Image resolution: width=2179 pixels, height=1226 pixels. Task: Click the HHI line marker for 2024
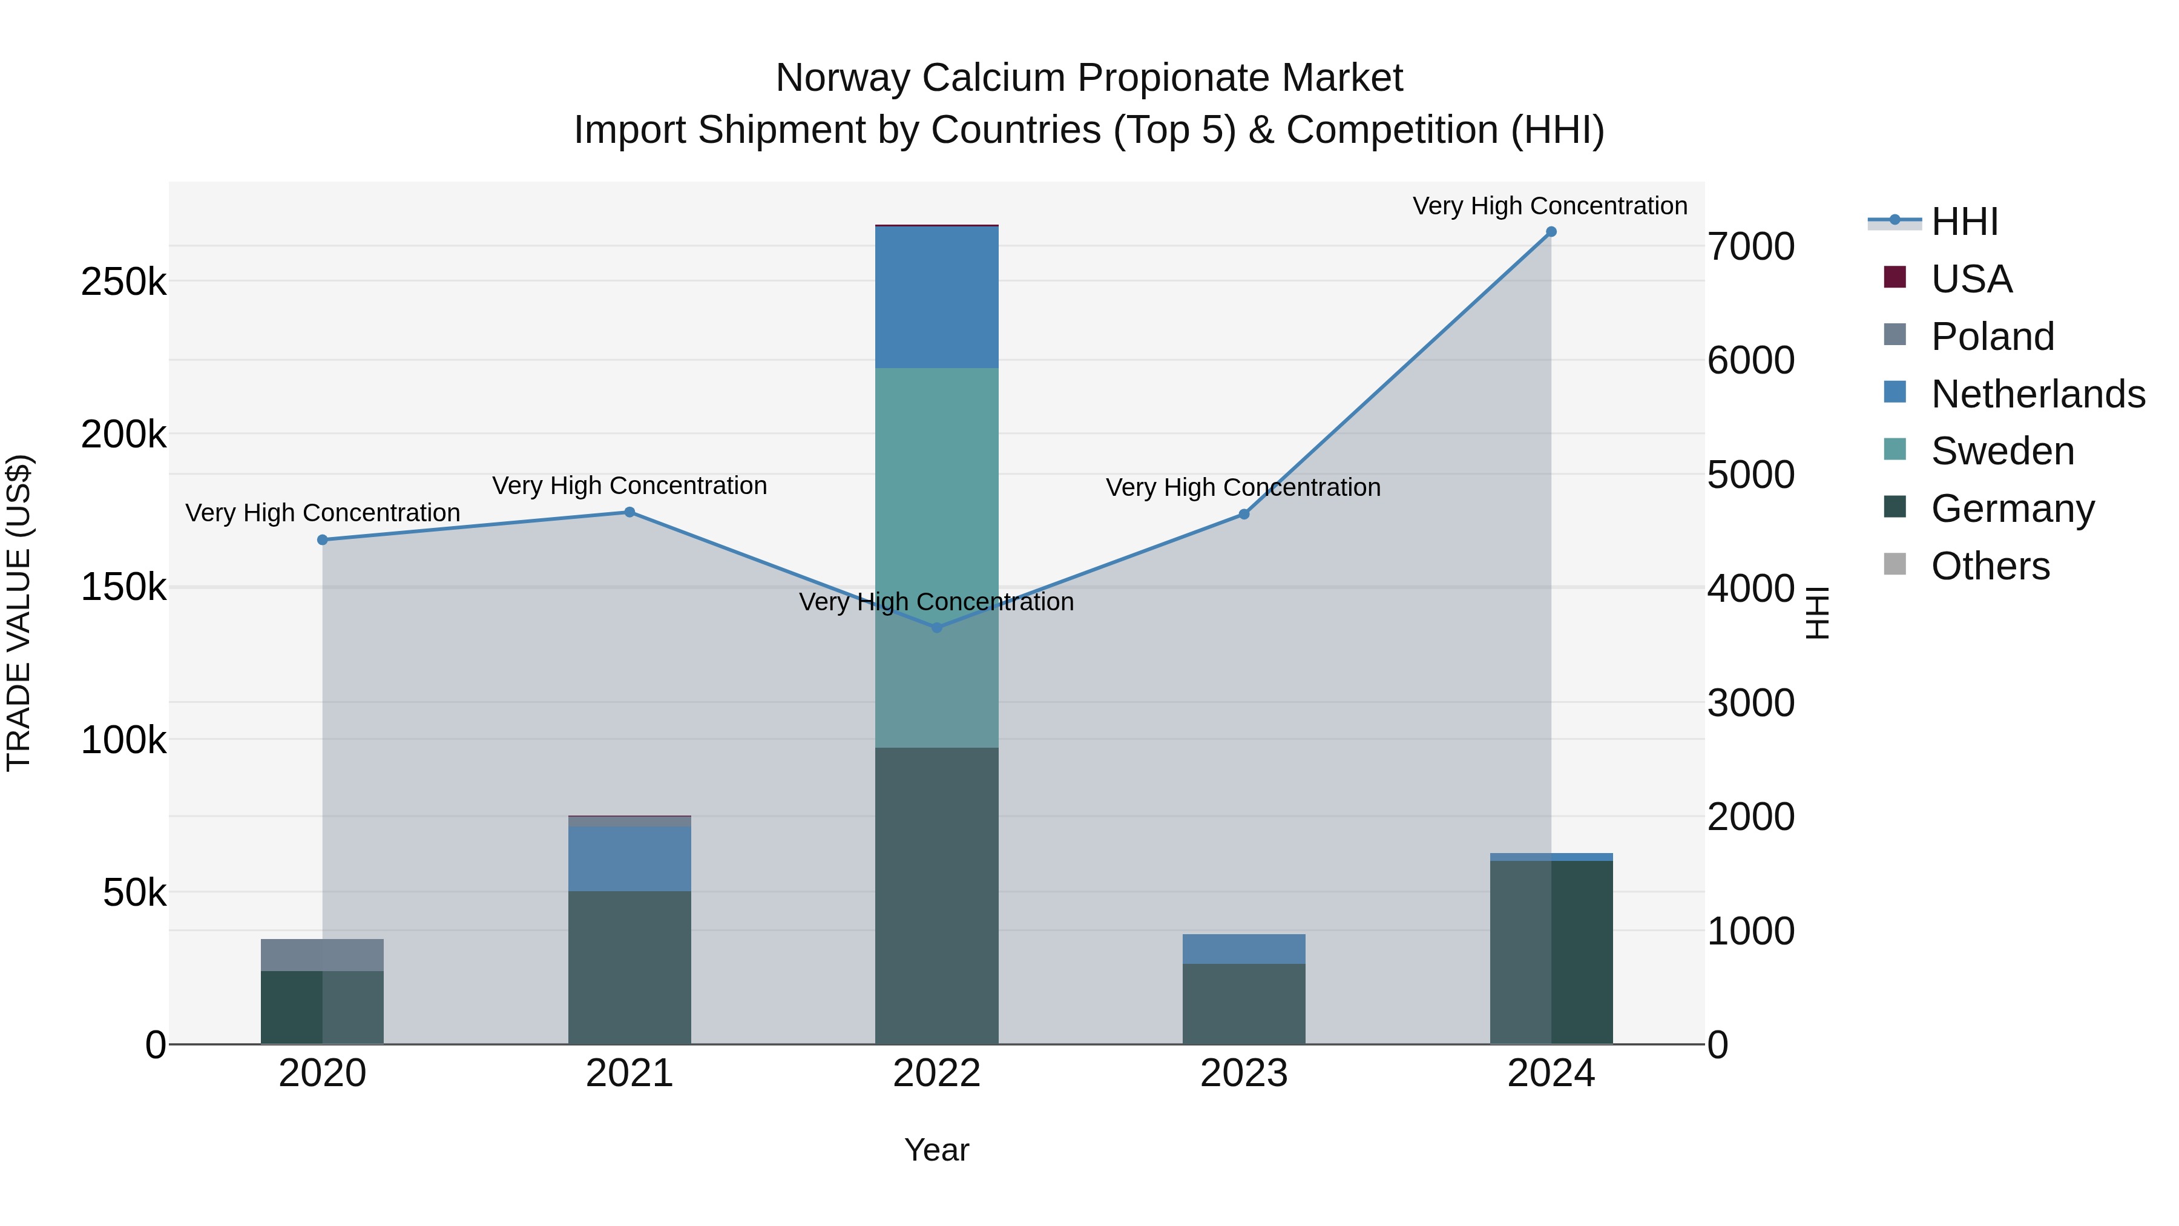1551,232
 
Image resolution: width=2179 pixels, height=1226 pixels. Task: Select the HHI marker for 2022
936,628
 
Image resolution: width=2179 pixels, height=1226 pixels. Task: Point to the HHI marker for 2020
322,540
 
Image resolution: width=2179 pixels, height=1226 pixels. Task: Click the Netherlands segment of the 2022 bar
936,297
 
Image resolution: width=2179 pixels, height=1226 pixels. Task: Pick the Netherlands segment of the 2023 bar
1243,949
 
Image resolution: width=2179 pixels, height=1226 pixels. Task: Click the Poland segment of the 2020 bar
322,954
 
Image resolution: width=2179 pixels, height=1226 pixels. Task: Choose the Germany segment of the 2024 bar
1551,952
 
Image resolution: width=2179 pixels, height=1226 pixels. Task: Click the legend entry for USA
1970,278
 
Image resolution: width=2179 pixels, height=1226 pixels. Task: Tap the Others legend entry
1990,565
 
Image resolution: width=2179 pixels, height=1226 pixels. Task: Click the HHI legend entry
1964,222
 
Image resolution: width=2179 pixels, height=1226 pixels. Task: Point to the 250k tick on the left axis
123,281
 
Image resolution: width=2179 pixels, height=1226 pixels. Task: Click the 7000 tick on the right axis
1750,246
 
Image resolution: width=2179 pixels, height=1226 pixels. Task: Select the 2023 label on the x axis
1243,1073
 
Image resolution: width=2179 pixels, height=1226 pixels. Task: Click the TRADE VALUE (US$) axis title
19,613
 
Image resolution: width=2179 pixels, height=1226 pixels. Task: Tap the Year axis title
936,1150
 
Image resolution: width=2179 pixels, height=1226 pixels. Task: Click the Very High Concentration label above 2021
629,486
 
